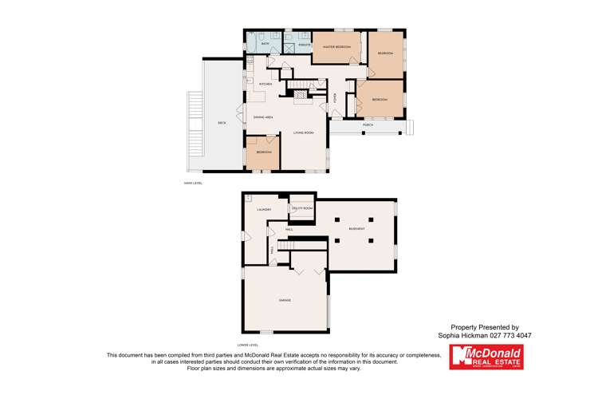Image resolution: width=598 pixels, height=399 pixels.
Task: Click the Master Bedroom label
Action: (336, 47)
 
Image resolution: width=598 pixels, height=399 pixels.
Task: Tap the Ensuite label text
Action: (304, 45)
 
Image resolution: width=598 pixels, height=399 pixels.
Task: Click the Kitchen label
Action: (266, 83)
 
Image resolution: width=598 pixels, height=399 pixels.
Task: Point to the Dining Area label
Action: (264, 117)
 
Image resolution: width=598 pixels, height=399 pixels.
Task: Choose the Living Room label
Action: (303, 132)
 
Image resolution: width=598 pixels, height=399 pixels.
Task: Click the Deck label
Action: (222, 123)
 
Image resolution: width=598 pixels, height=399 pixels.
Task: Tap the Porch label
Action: (368, 125)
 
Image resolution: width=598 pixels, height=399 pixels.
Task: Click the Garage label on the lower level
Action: (284, 300)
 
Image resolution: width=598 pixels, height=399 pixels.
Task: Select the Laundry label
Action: (264, 210)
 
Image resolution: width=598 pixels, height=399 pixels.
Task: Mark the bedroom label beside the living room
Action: (263, 152)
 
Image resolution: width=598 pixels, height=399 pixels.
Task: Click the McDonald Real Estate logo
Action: (486, 357)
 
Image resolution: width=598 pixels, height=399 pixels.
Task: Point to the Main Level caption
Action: (193, 183)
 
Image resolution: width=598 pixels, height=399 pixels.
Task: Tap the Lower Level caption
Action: (248, 345)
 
